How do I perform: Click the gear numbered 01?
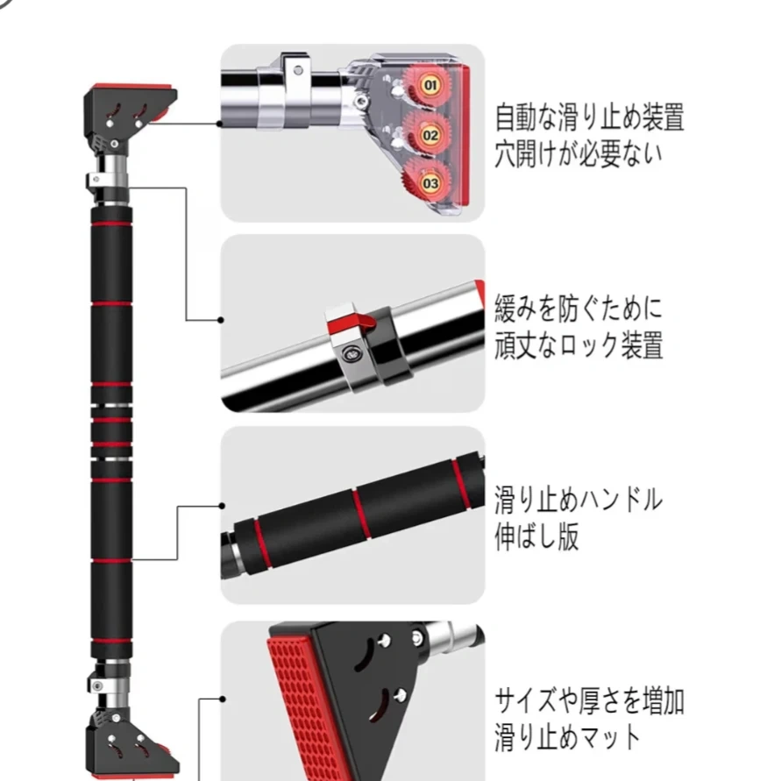click(x=430, y=85)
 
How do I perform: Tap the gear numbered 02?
click(x=430, y=135)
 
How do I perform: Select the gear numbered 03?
click(x=430, y=183)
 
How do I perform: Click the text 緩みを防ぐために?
click(x=579, y=308)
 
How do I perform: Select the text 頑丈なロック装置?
click(x=579, y=344)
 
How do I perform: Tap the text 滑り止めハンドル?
click(x=579, y=501)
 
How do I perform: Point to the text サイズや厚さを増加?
click(x=589, y=700)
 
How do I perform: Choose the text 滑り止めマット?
click(x=568, y=736)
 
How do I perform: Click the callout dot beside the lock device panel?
click(x=222, y=321)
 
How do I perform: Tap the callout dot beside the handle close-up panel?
click(x=222, y=506)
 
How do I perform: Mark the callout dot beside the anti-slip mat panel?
click(x=222, y=699)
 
